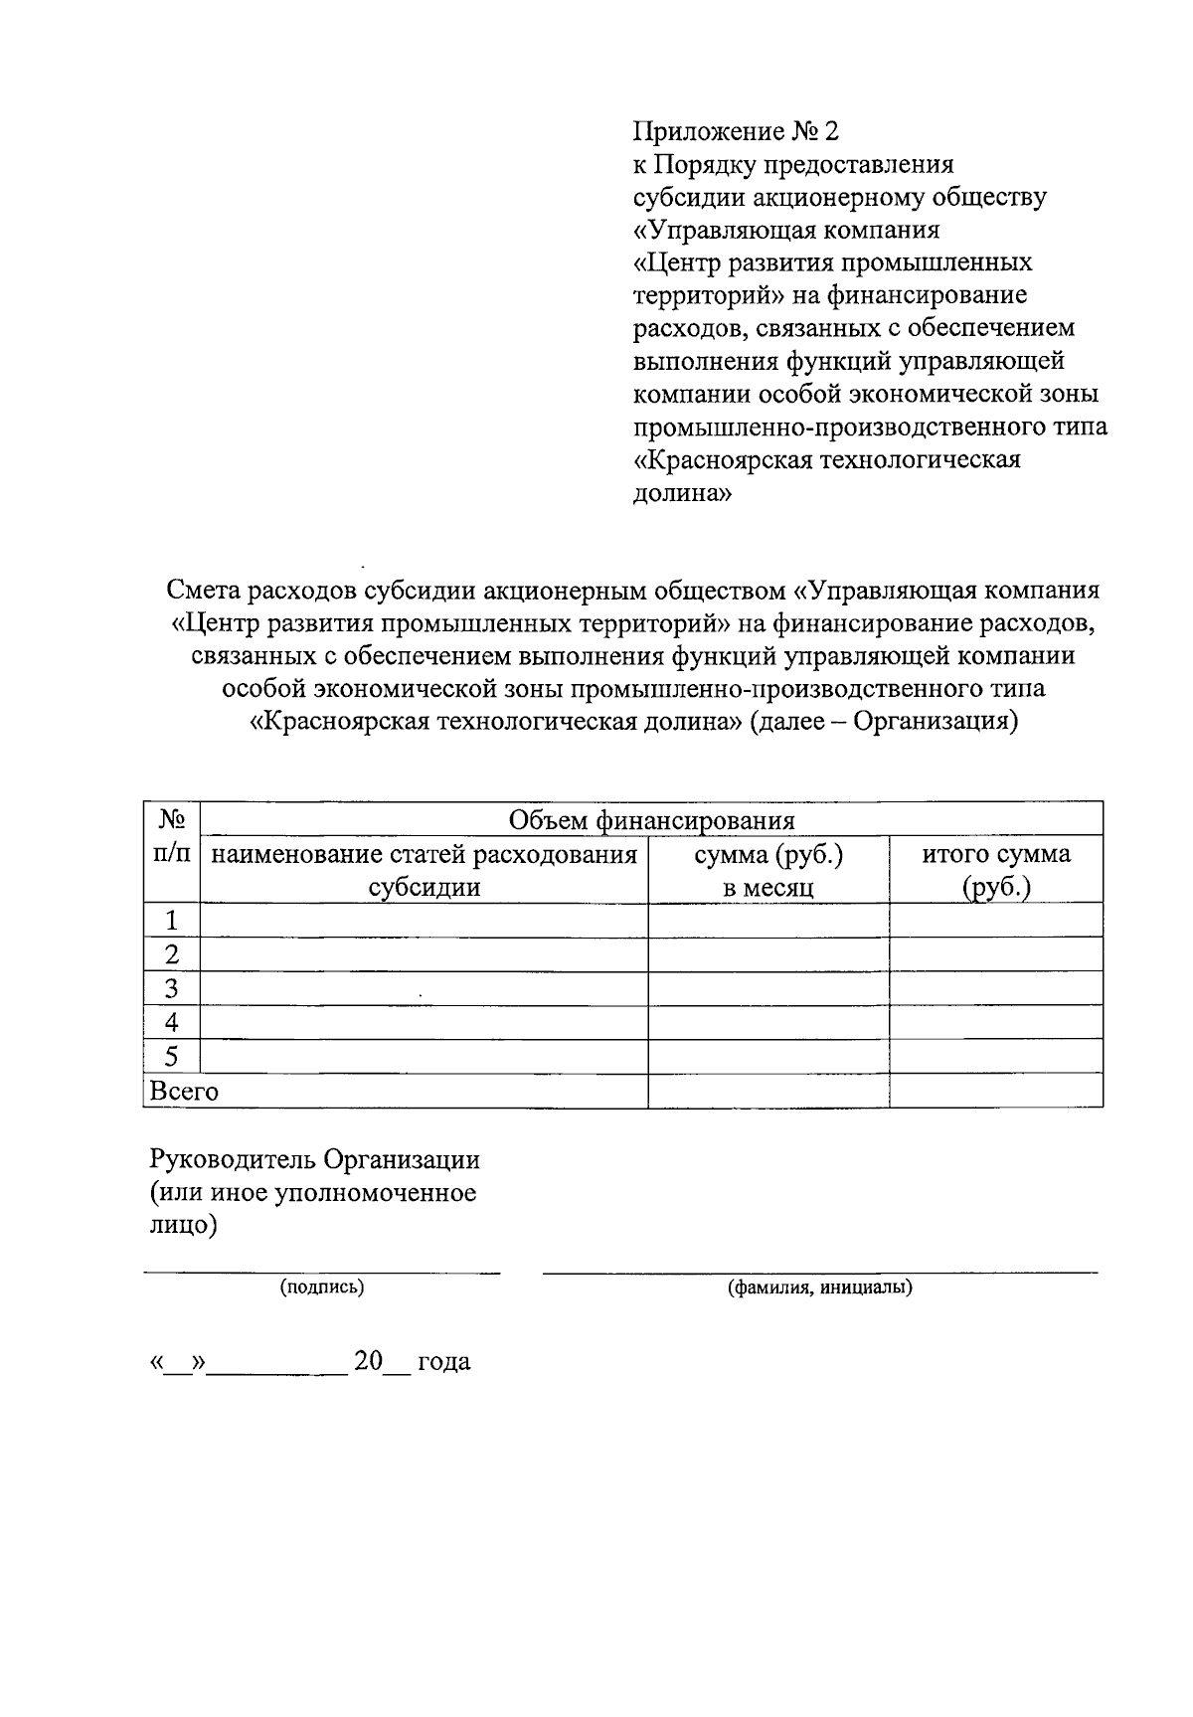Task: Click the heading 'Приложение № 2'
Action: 737,131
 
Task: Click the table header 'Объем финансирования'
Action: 651,820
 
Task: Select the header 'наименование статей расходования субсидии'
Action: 425,870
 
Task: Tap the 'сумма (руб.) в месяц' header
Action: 768,870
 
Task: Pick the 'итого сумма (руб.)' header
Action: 996,870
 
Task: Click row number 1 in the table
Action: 171,921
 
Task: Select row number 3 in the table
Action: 171,989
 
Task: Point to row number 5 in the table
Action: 171,1057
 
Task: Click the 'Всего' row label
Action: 184,1091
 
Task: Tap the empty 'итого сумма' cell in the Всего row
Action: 996,1091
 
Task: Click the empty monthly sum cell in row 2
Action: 768,954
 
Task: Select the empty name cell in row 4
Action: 425,1023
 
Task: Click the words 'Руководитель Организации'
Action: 314,1159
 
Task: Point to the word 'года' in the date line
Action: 443,1361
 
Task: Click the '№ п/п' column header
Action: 171,837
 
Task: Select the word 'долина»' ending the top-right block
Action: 683,493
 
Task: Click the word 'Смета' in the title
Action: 204,591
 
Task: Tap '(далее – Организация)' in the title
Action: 884,721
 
